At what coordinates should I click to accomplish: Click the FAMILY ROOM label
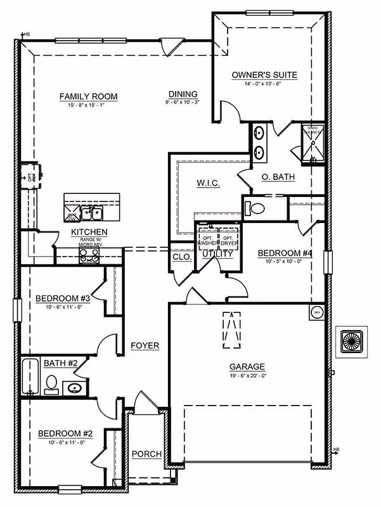[88, 96]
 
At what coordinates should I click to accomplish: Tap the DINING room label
[183, 94]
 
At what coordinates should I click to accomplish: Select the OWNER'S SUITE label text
[264, 75]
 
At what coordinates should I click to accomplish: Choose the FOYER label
[145, 345]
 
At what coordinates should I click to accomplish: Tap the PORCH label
[146, 454]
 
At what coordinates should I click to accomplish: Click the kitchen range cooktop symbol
[89, 255]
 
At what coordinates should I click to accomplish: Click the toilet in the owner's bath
[257, 208]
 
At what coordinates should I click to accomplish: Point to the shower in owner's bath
[313, 143]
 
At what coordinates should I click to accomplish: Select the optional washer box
[207, 237]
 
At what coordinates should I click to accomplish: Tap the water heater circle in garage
[316, 312]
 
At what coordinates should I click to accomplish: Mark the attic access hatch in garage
[231, 330]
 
